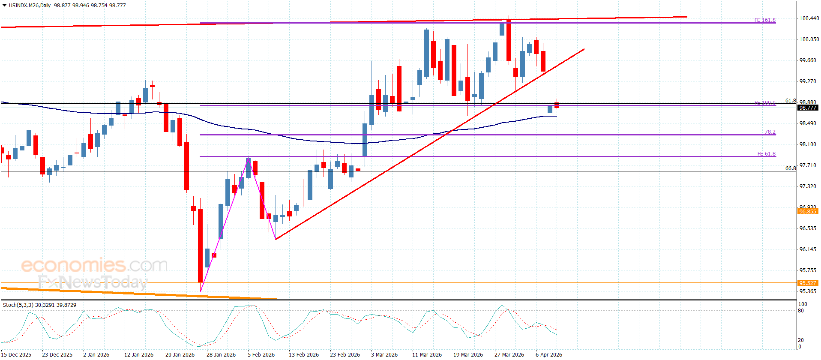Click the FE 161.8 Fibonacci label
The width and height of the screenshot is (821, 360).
click(764, 20)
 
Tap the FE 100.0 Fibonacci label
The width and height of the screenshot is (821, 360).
click(764, 103)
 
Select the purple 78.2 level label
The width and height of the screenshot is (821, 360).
click(770, 132)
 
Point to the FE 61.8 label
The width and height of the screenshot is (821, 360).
click(766, 154)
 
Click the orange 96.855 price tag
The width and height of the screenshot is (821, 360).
click(807, 211)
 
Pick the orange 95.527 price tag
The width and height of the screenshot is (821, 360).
click(807, 283)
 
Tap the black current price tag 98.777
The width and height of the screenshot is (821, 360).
click(807, 108)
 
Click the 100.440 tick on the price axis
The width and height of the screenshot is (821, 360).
click(809, 18)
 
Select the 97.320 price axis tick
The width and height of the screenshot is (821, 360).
click(808, 186)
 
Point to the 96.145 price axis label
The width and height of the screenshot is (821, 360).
click(808, 249)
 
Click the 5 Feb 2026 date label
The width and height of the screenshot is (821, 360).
click(261, 354)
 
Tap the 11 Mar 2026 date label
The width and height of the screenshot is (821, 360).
click(427, 354)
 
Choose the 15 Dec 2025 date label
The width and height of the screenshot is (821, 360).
click(17, 354)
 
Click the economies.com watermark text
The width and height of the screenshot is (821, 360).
click(94, 265)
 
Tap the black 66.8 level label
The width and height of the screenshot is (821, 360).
click(790, 168)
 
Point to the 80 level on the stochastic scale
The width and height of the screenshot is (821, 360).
click(801, 311)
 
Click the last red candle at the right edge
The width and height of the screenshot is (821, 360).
click(557, 105)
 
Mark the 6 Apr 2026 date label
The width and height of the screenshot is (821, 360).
click(548, 354)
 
